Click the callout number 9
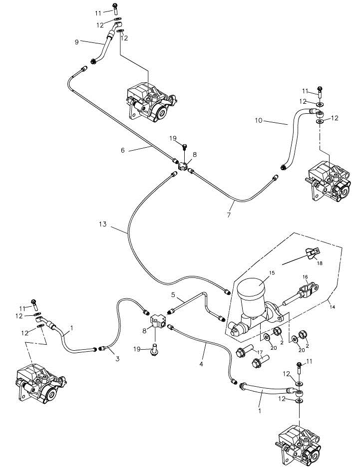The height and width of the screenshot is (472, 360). pos(76,42)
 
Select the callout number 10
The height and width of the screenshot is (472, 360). pos(258,121)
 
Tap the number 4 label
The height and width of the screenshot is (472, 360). pos(202,364)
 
